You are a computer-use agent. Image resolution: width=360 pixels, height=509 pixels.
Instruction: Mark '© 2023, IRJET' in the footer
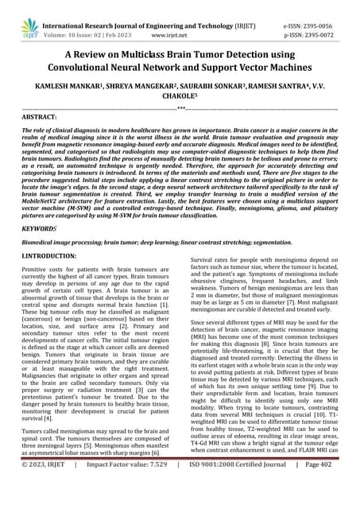(x=40, y=498)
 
